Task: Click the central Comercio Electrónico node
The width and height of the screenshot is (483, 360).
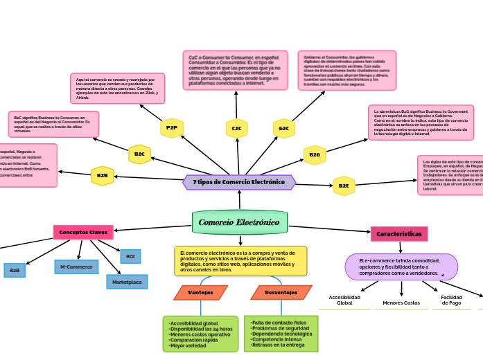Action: (239, 222)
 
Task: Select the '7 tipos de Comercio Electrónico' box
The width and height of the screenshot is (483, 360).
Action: (239, 182)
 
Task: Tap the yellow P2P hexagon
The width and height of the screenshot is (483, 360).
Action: (172, 128)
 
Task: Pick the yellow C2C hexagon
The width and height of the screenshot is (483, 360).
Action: (236, 128)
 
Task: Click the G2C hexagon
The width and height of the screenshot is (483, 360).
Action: (284, 128)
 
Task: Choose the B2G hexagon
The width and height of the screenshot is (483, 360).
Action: (315, 155)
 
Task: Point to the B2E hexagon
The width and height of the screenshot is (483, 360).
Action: (344, 186)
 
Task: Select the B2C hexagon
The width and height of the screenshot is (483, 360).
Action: (139, 154)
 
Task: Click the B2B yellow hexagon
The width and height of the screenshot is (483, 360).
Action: (103, 176)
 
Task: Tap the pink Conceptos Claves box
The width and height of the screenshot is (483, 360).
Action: (83, 232)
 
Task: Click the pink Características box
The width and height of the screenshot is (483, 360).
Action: (399, 234)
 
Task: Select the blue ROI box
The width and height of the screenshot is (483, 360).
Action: (130, 257)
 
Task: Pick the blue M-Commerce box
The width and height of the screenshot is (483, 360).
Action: (76, 267)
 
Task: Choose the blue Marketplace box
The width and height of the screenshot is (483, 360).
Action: (127, 282)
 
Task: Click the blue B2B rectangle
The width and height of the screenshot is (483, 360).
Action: (15, 271)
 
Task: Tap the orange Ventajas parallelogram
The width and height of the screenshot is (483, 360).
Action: (200, 293)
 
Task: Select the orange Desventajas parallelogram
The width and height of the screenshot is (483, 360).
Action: (281, 293)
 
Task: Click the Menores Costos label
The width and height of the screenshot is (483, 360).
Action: (401, 303)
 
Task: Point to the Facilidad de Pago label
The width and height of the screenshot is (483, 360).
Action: (451, 300)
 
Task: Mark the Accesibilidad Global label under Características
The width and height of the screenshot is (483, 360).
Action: (344, 300)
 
